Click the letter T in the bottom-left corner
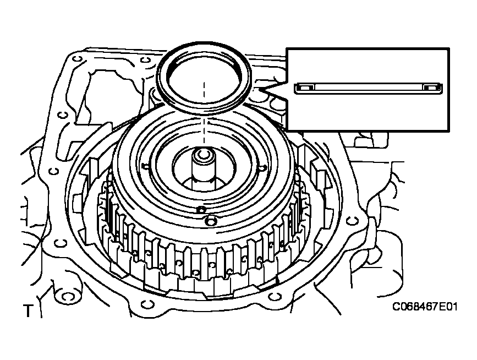(27, 312)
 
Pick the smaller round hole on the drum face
(201, 210)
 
